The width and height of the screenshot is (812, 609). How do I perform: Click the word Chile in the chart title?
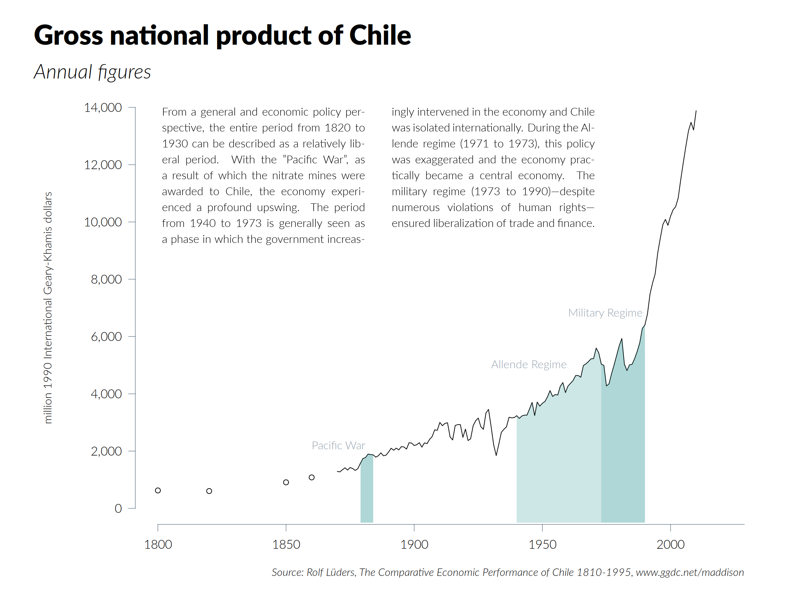click(x=380, y=36)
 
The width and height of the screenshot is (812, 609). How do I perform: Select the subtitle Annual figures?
click(x=92, y=72)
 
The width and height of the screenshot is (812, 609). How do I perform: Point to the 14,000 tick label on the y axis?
click(x=103, y=107)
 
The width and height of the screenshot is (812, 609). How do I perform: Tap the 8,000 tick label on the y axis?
click(x=106, y=279)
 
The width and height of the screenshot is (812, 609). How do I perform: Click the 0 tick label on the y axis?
click(x=118, y=509)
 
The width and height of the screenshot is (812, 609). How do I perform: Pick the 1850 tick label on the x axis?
click(x=286, y=544)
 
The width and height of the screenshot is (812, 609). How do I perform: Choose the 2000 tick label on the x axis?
click(x=670, y=544)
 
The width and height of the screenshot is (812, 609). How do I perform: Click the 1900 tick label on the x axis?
click(x=414, y=544)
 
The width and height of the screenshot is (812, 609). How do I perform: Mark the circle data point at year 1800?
click(x=158, y=491)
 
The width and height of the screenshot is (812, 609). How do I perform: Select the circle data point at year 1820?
click(x=209, y=491)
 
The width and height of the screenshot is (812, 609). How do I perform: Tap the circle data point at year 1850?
click(x=286, y=482)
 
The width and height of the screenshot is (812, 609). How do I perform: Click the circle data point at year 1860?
click(x=312, y=478)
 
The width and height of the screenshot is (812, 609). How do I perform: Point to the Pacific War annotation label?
click(x=338, y=445)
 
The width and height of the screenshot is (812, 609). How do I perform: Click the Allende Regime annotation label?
click(x=529, y=364)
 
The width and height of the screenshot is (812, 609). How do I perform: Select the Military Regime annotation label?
click(x=605, y=312)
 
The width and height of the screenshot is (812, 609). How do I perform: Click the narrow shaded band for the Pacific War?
click(x=367, y=492)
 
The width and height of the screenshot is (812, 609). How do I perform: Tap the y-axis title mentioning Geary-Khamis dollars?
click(x=48, y=307)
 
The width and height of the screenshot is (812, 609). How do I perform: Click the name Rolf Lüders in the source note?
click(x=331, y=572)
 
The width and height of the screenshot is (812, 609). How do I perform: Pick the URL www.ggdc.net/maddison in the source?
click(x=690, y=572)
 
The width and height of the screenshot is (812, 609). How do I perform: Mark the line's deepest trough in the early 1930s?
click(x=496, y=455)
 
